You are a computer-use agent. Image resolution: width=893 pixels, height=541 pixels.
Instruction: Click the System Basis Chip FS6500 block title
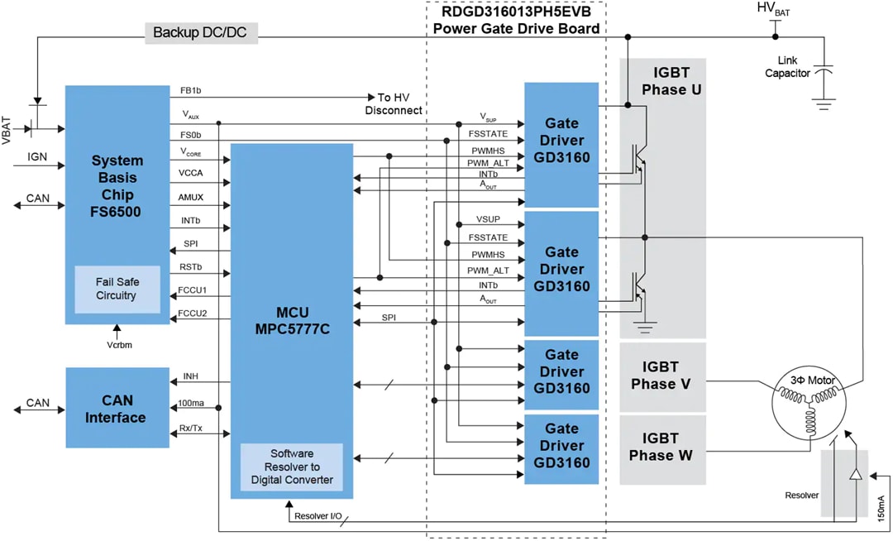(117, 186)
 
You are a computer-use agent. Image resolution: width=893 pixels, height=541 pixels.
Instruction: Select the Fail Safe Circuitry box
(117, 289)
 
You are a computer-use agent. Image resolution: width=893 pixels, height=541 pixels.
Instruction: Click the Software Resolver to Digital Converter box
(291, 467)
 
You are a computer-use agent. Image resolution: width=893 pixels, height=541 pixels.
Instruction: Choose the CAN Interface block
(116, 409)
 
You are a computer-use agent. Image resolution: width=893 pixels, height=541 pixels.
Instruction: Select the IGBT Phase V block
(661, 376)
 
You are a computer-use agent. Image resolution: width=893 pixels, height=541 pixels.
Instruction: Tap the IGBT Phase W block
(661, 448)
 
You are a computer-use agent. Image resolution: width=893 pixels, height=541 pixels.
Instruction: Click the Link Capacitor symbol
(822, 72)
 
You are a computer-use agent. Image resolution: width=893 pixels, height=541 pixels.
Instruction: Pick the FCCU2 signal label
(193, 314)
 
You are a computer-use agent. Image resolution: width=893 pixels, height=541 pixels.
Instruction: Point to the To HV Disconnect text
(394, 103)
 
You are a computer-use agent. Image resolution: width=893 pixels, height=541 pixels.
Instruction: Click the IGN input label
(37, 156)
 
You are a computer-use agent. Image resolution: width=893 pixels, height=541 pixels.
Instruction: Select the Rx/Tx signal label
(192, 428)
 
